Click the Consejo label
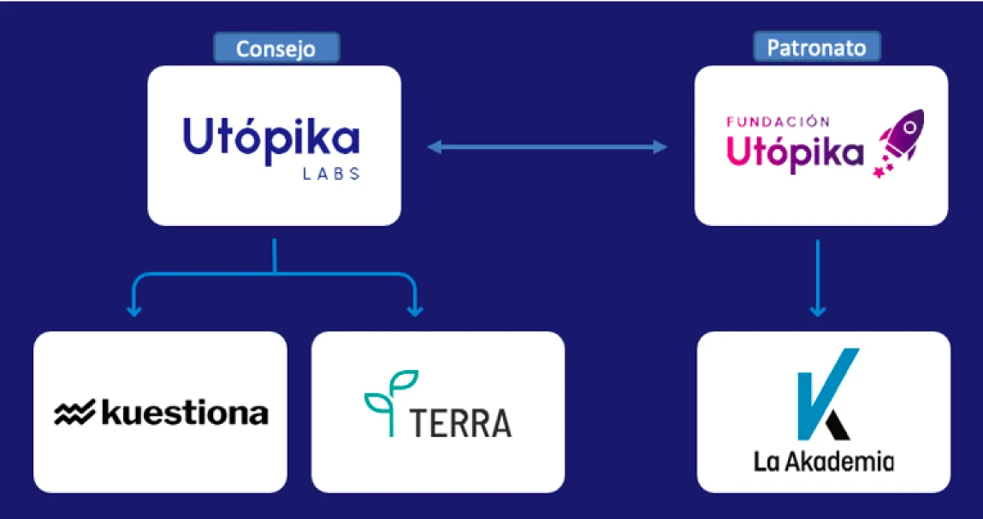[x=275, y=48]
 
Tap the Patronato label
[x=816, y=47]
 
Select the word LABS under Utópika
[x=331, y=174]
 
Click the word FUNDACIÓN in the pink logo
[x=778, y=122]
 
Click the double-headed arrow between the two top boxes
[x=548, y=147]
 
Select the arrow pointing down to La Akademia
[x=818, y=278]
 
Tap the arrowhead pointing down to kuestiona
[x=133, y=307]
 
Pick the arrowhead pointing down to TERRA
[x=414, y=307]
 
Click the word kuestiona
[x=185, y=414]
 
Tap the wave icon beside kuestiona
[x=75, y=415]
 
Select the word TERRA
[x=460, y=422]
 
